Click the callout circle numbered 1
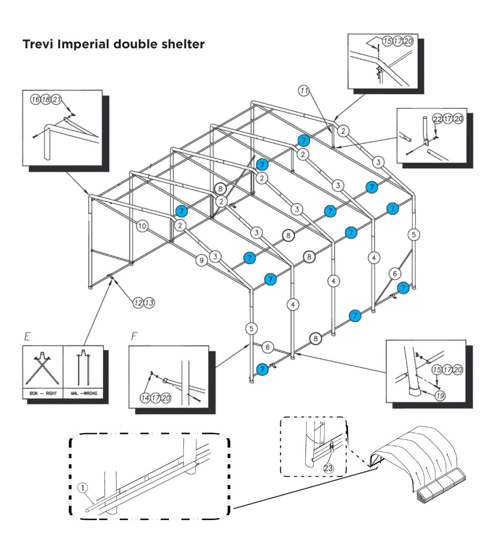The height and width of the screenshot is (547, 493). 83,488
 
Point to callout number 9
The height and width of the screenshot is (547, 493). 201,260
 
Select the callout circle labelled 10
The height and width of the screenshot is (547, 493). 142,226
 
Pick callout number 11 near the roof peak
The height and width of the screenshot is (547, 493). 304,91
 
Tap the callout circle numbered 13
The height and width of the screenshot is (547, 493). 149,302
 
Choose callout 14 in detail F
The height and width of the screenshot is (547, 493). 145,398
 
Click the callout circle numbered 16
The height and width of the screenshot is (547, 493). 36,99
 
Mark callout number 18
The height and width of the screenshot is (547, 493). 46,99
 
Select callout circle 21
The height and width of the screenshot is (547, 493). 56,99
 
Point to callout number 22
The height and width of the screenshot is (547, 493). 437,119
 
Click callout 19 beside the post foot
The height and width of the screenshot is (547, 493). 440,396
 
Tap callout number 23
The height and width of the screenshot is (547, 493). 328,468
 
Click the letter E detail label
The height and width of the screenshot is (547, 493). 27,337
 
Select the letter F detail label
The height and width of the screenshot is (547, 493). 134,337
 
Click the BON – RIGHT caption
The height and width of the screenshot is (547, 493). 43,393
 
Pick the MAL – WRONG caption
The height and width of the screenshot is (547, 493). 84,393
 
